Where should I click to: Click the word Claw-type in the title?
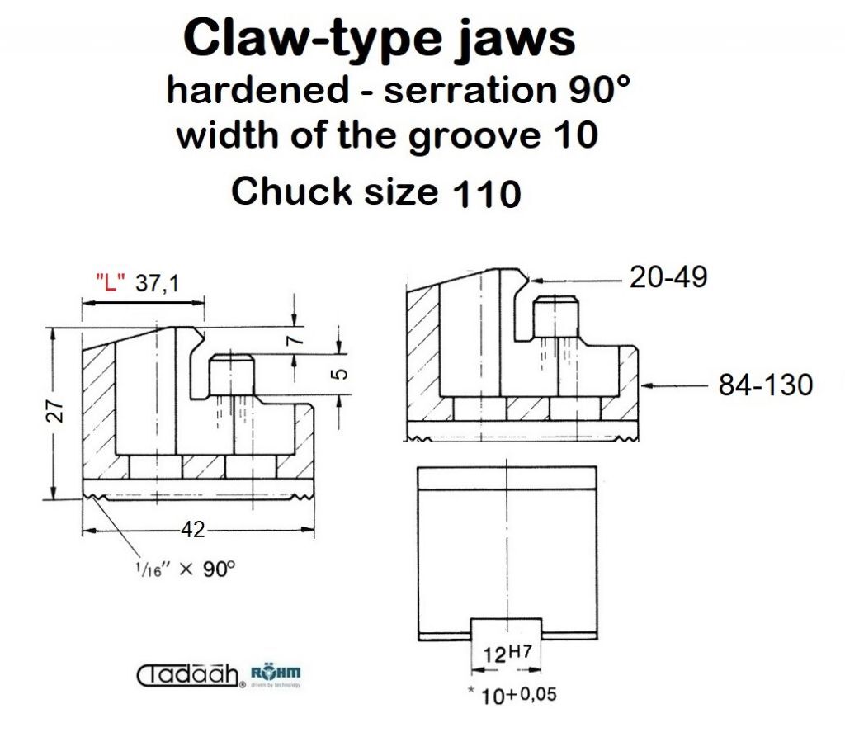313,39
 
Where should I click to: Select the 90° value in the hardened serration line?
599,89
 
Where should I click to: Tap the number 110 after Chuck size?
487,193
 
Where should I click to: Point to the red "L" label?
111,281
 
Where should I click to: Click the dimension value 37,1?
158,282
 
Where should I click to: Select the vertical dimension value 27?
57,411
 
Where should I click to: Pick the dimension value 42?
193,529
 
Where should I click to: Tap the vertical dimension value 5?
340,374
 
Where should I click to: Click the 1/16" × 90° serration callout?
186,569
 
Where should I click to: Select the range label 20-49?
668,277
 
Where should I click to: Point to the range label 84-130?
765,385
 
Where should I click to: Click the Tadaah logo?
189,676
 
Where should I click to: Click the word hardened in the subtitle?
257,89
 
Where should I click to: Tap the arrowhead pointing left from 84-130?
647,385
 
